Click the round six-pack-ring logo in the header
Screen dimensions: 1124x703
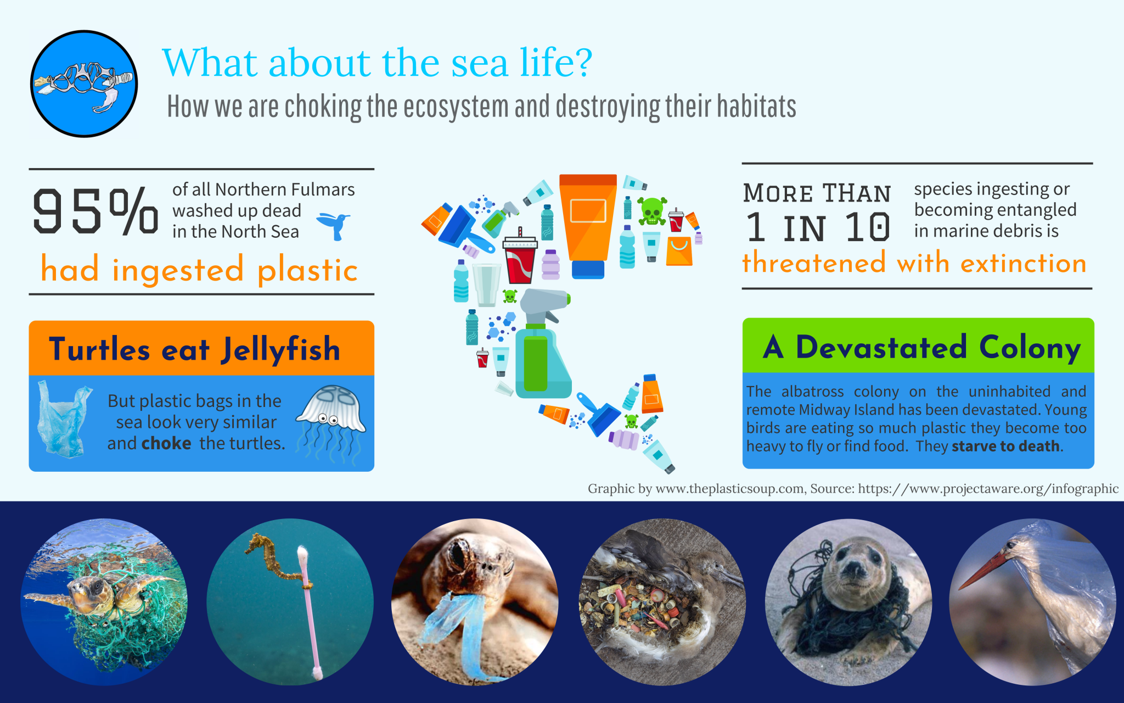pyautogui.click(x=84, y=83)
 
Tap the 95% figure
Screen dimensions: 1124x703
pyautogui.click(x=95, y=211)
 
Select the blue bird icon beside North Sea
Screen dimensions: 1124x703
pyautogui.click(x=333, y=226)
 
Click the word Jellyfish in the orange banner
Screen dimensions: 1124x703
pyautogui.click(x=280, y=350)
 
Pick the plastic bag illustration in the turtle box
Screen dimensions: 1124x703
pyautogui.click(x=63, y=420)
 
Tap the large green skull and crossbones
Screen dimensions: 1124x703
pyautogui.click(x=652, y=211)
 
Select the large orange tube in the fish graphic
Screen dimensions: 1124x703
pyautogui.click(x=588, y=225)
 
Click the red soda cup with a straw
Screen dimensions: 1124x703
pyautogui.click(x=520, y=256)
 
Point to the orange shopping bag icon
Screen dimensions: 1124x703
pyautogui.click(x=679, y=251)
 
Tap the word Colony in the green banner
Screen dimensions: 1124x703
pyautogui.click(x=1030, y=348)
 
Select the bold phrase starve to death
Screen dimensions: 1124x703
pyautogui.click(x=1005, y=446)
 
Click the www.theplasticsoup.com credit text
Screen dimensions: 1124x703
pyautogui.click(x=730, y=488)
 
